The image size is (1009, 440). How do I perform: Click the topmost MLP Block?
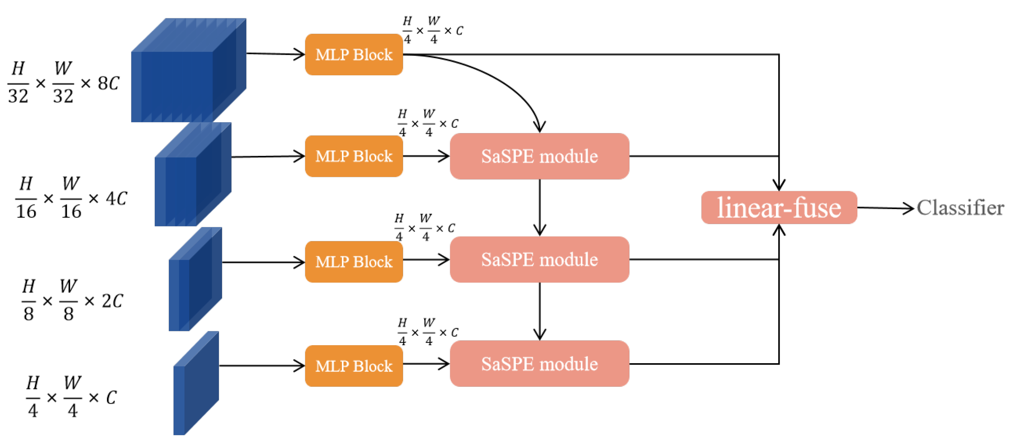[354, 54]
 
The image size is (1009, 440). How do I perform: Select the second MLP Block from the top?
[354, 156]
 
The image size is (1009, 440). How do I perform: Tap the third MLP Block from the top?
[354, 261]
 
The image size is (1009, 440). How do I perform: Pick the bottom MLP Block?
[354, 366]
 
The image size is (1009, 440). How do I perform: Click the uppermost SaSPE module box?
[539, 156]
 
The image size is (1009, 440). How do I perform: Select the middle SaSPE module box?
[539, 259]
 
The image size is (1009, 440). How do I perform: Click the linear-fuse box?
[779, 207]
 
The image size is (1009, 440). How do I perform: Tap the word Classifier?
[960, 208]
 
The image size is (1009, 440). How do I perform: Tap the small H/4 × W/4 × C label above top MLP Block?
[432, 30]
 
